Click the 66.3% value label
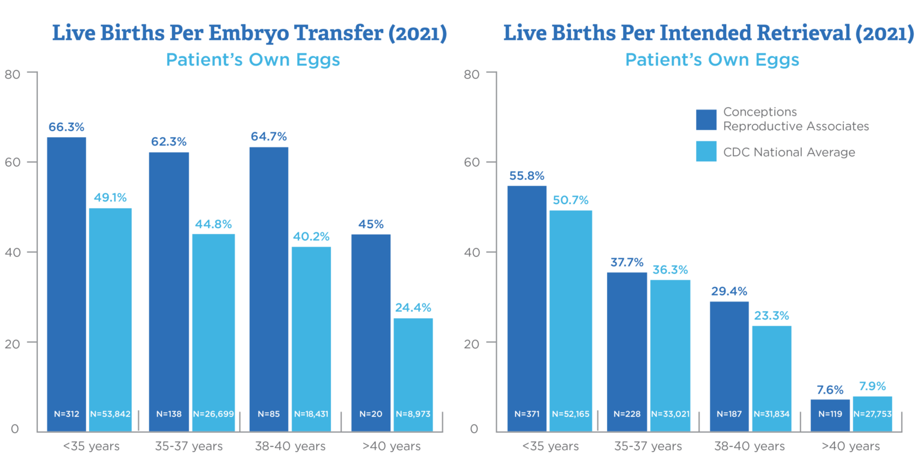(x=66, y=128)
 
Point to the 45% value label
(x=371, y=224)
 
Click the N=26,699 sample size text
(x=213, y=414)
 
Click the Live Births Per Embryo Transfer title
(x=250, y=34)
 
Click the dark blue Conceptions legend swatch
(x=706, y=119)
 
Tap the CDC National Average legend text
(x=789, y=152)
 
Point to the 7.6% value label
(x=830, y=389)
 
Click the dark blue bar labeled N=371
(x=527, y=307)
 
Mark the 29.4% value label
(x=729, y=292)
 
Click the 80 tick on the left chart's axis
(x=12, y=74)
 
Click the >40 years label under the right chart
(x=851, y=447)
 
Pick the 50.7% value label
(x=570, y=200)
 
